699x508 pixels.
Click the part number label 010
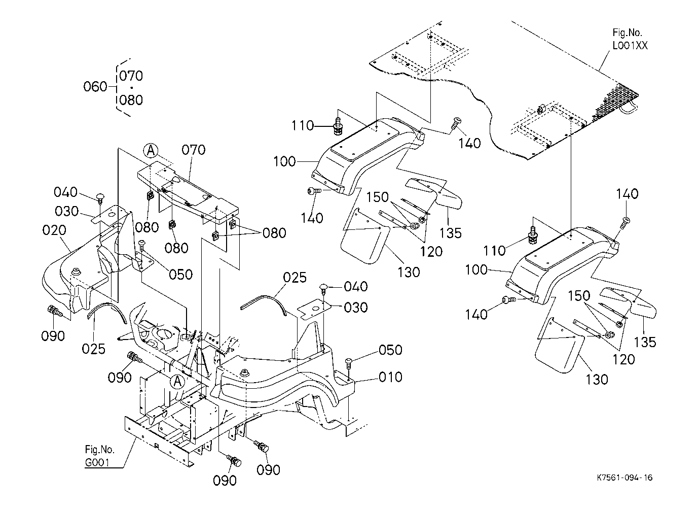pyautogui.click(x=390, y=377)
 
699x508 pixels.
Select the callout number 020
pyautogui.click(x=54, y=230)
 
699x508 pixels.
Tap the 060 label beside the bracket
pyautogui.click(x=95, y=87)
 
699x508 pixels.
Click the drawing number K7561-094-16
pyautogui.click(x=624, y=478)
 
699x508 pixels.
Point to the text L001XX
pyautogui.click(x=630, y=46)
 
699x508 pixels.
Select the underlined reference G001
pyautogui.click(x=97, y=462)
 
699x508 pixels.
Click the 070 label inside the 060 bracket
pyautogui.click(x=131, y=76)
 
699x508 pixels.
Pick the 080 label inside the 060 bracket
pyautogui.click(x=131, y=100)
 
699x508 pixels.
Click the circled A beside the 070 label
pyautogui.click(x=151, y=151)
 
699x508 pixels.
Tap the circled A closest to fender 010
pyautogui.click(x=177, y=382)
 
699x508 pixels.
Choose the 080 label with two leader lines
pyautogui.click(x=274, y=233)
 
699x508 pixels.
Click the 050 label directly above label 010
pyautogui.click(x=390, y=350)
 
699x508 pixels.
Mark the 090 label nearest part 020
pyautogui.click(x=53, y=336)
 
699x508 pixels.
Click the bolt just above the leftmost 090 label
pyautogui.click(x=54, y=311)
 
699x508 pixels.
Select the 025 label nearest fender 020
pyautogui.click(x=94, y=349)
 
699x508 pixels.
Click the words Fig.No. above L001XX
pyautogui.click(x=627, y=32)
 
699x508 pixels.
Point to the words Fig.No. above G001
pyautogui.click(x=99, y=450)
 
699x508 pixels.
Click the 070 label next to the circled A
pyautogui.click(x=194, y=150)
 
